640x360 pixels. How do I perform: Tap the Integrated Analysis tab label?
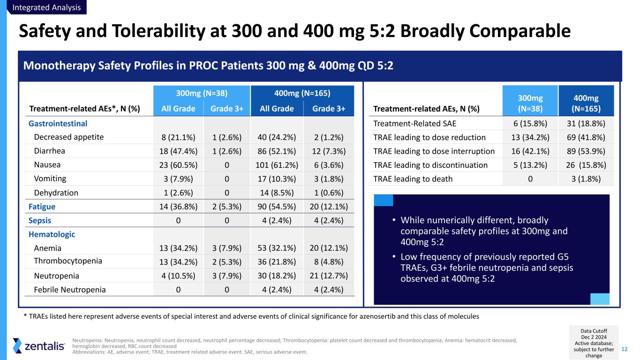point(47,7)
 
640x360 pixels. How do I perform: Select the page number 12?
point(625,348)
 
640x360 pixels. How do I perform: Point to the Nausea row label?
point(47,165)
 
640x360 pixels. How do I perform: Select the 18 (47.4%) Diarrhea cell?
point(178,151)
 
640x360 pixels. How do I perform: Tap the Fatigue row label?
point(42,207)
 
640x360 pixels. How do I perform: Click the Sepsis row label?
point(40,220)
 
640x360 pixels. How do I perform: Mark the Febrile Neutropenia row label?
point(70,289)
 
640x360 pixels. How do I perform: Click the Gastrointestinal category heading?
point(58,123)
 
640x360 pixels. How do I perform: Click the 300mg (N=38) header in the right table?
point(530,104)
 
